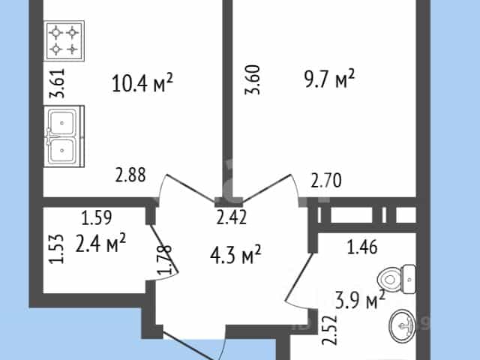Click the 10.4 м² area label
click(x=142, y=82)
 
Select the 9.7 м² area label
click(x=330, y=79)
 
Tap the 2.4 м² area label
click(x=100, y=243)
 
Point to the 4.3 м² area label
click(x=235, y=254)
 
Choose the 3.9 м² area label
click(x=360, y=300)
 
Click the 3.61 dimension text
click(x=57, y=83)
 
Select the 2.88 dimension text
click(x=130, y=175)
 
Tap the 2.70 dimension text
click(x=326, y=180)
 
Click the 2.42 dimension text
click(x=232, y=217)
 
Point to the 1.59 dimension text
click(x=97, y=217)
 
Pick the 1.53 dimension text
click(x=57, y=249)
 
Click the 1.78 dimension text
click(x=164, y=259)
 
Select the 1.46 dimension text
click(x=362, y=247)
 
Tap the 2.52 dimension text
click(x=330, y=330)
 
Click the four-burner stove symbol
click(x=64, y=41)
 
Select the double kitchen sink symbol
click(x=64, y=136)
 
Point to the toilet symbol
click(x=397, y=280)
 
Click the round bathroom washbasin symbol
click(x=403, y=325)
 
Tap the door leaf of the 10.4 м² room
click(x=190, y=188)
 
